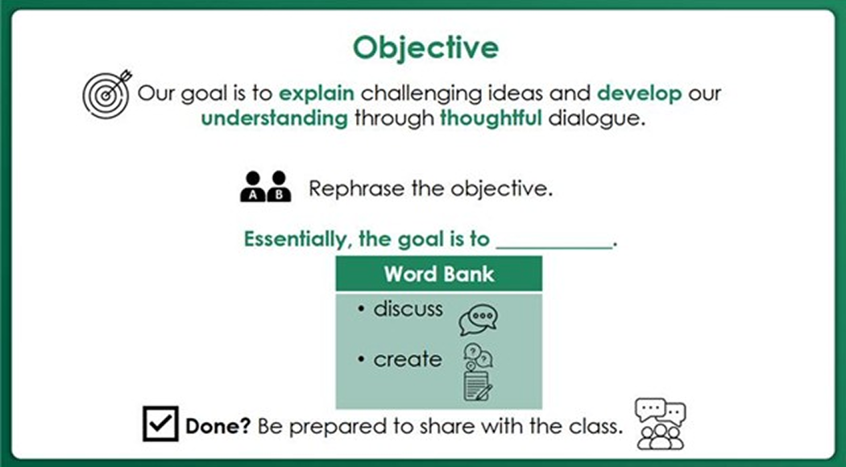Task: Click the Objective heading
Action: [x=426, y=47]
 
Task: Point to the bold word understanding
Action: [x=274, y=118]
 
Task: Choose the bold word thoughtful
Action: [x=491, y=118]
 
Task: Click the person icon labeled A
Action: [x=254, y=187]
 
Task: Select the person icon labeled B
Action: [x=279, y=187]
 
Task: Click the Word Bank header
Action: [x=438, y=274]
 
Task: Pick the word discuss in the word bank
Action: [x=408, y=309]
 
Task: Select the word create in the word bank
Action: [x=408, y=359]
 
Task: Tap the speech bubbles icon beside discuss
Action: [x=478, y=319]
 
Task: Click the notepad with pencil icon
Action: [x=478, y=386]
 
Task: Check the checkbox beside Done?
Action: [x=160, y=424]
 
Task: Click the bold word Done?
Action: [x=218, y=426]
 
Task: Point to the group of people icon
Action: [x=660, y=423]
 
